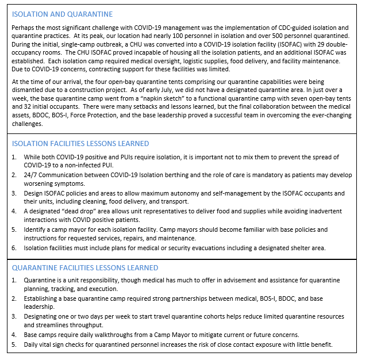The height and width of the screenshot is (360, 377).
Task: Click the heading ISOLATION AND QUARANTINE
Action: point(62,14)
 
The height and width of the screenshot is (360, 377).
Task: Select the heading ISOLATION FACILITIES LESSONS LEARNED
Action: point(80,144)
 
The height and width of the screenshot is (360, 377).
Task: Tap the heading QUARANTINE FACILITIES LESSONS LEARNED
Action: point(85,267)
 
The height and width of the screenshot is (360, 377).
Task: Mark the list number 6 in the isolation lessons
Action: point(14,247)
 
